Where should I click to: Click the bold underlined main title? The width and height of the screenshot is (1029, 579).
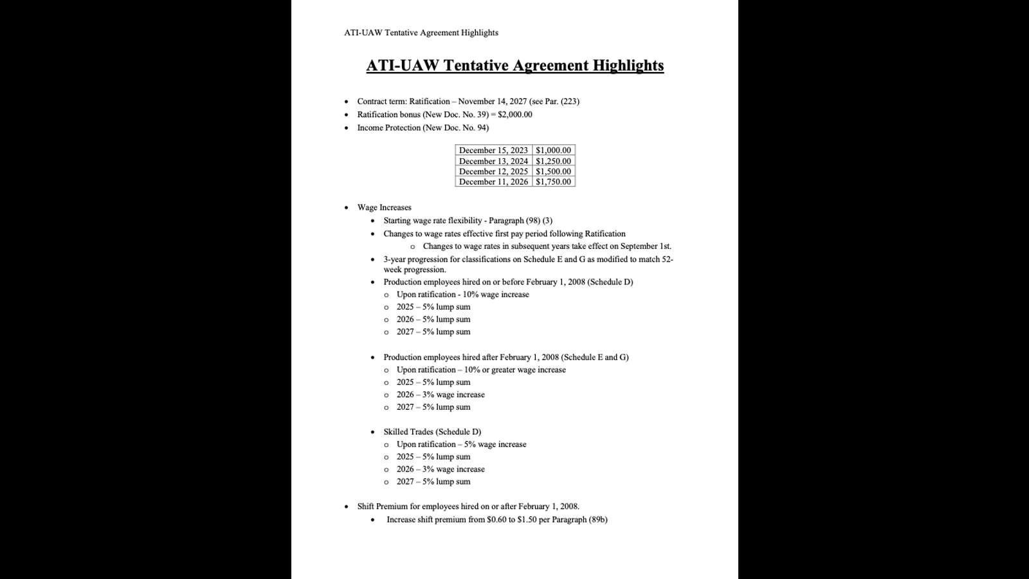(514, 66)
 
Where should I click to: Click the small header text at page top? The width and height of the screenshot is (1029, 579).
(421, 33)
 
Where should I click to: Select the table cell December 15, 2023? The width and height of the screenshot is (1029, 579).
(493, 151)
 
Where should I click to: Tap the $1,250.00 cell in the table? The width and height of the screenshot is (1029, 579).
(553, 161)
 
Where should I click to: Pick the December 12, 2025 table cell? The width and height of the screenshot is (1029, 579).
(493, 172)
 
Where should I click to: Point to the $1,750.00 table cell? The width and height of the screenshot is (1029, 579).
(553, 182)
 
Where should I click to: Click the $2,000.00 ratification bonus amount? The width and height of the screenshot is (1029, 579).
(515, 115)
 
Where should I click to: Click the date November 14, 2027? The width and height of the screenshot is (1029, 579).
(492, 102)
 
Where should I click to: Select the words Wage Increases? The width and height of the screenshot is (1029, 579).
(384, 208)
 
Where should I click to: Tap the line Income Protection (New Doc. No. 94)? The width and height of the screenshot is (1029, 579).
(423, 128)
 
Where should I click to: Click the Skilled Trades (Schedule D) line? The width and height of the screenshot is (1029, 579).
(432, 432)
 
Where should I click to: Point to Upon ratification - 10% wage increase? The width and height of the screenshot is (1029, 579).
(462, 295)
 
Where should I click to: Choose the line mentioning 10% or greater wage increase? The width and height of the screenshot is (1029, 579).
(481, 370)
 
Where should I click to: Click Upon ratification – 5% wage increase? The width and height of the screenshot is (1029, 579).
(461, 445)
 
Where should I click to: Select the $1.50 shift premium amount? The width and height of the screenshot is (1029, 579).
(527, 520)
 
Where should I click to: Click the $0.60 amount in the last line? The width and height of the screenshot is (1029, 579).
(497, 520)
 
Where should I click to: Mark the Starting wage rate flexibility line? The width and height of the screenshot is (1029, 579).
(468, 221)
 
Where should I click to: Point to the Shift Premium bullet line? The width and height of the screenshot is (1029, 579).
(468, 507)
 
